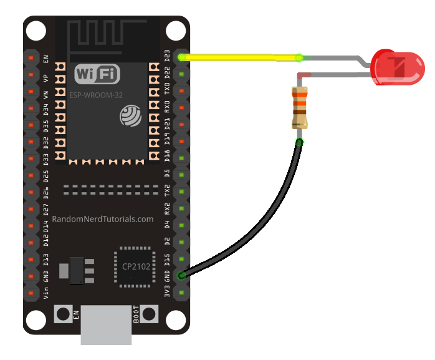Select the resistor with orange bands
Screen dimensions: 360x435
click(300, 107)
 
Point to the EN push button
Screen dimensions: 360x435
click(64, 314)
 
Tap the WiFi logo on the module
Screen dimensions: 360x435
click(97, 75)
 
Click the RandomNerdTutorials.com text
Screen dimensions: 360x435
click(103, 219)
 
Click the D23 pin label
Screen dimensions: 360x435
click(167, 57)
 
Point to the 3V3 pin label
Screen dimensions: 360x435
click(167, 292)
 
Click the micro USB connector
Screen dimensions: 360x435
click(107, 324)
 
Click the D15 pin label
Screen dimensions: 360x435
click(167, 259)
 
